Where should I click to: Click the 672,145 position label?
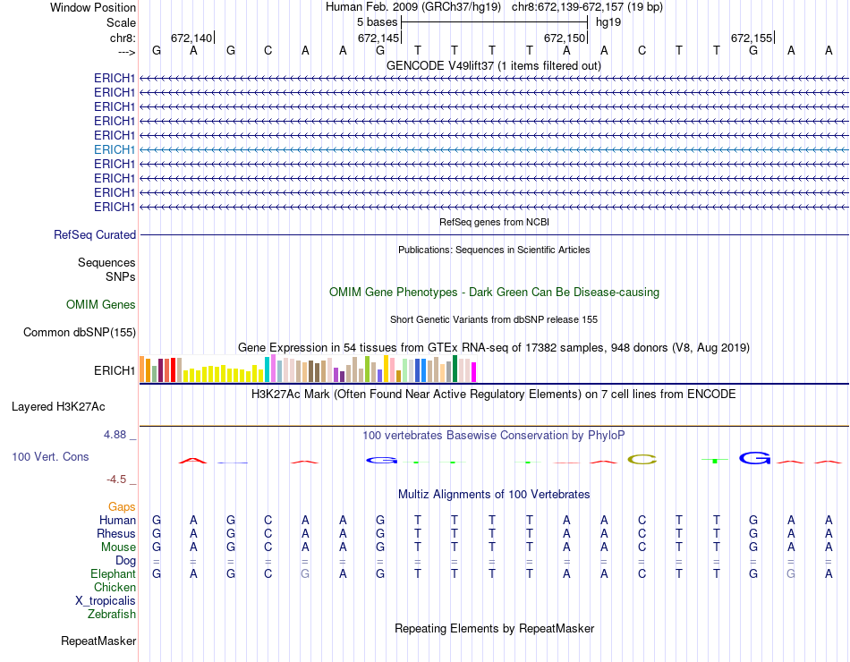(378, 38)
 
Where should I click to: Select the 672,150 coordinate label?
(565, 38)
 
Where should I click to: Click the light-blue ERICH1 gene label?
(115, 149)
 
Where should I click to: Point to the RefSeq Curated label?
(95, 235)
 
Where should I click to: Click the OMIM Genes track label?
(101, 305)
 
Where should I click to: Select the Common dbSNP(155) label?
(80, 333)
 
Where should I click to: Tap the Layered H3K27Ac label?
(58, 407)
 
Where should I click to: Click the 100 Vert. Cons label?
(50, 457)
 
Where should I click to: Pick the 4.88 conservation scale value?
(115, 435)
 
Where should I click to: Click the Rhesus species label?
(116, 534)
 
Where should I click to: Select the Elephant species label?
(113, 574)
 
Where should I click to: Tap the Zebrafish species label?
(112, 615)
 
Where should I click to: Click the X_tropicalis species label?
(106, 601)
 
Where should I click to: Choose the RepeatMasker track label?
(98, 641)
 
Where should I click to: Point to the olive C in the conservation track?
(642, 460)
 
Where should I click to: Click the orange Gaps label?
(122, 507)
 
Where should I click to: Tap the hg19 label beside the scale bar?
(608, 21)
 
